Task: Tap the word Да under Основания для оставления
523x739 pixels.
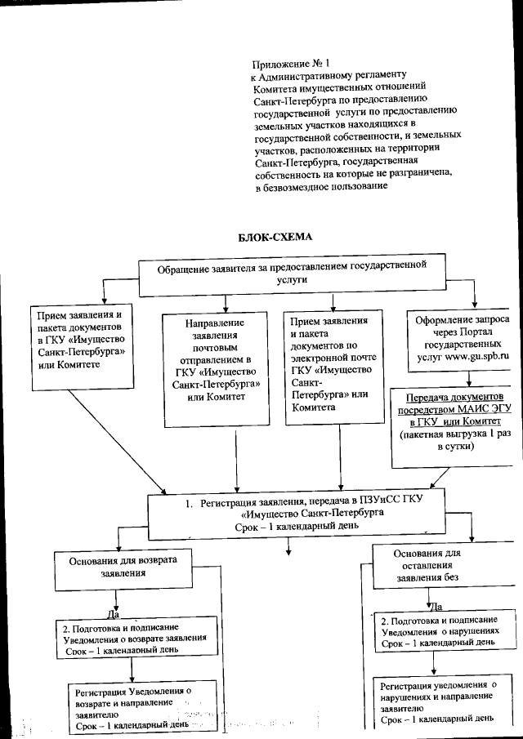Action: click(436, 607)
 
